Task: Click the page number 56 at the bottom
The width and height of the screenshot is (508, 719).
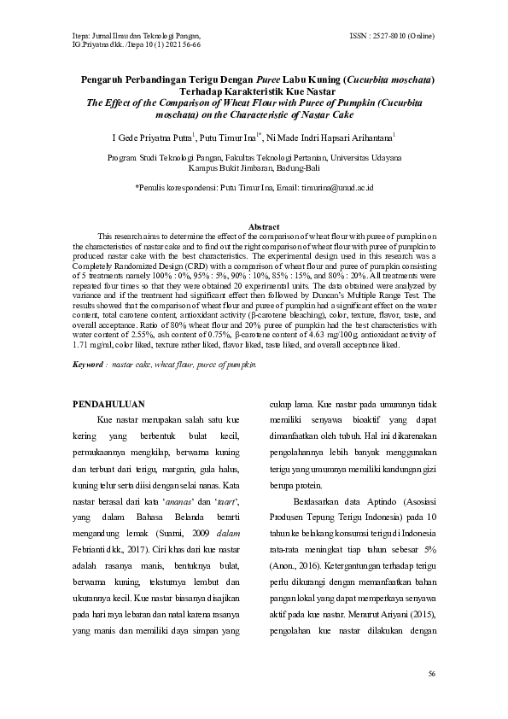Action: coord(432,675)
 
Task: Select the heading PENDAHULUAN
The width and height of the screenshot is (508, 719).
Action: coord(108,404)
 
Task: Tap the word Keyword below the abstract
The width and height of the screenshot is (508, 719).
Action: coord(88,363)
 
